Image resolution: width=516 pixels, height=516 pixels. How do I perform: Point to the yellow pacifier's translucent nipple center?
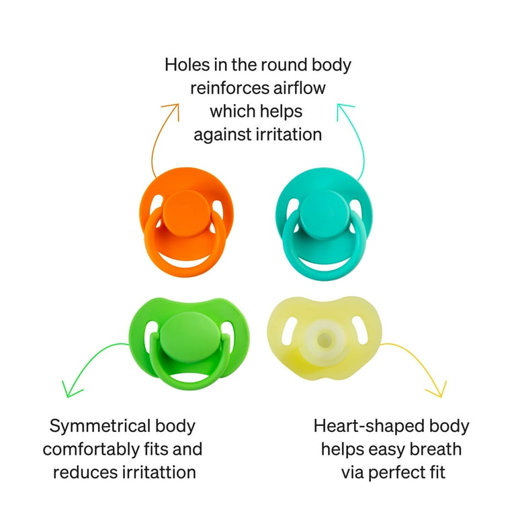click(324, 339)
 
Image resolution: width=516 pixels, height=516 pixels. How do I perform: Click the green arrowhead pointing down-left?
click(70, 390)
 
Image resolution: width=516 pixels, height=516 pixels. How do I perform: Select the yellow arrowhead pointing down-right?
click(438, 390)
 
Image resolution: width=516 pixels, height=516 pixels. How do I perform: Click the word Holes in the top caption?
click(187, 64)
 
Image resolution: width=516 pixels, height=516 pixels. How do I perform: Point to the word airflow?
click(299, 88)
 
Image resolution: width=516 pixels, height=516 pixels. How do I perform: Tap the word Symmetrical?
click(100, 427)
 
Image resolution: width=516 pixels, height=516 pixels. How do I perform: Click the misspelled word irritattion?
click(159, 472)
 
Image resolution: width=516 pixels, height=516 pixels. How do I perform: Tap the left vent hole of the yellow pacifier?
click(290, 331)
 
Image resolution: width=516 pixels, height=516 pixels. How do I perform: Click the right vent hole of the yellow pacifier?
click(360, 330)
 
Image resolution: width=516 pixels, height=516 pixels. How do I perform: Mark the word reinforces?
click(230, 88)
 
